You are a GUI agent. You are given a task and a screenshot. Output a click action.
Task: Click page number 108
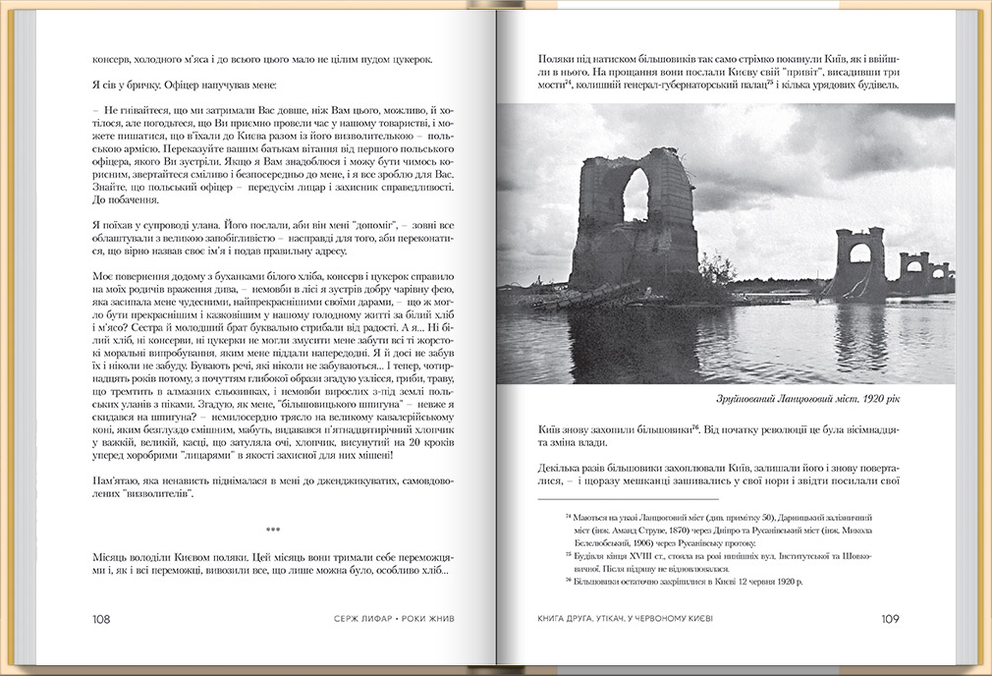point(101,619)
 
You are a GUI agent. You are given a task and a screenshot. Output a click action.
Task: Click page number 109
point(890,619)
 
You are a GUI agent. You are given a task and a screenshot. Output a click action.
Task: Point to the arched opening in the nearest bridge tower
point(635,194)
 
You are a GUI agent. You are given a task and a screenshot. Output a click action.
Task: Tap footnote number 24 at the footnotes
point(569,516)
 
